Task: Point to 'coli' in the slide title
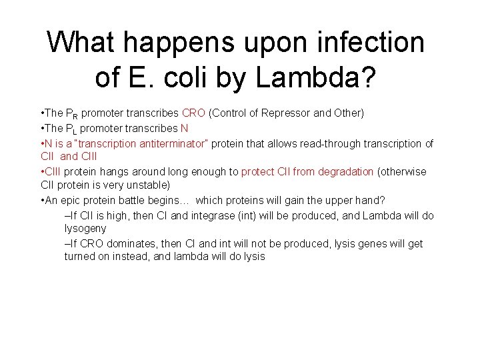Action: point(189,79)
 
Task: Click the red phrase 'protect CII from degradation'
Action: point(307,171)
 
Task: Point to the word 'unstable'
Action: point(150,185)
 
